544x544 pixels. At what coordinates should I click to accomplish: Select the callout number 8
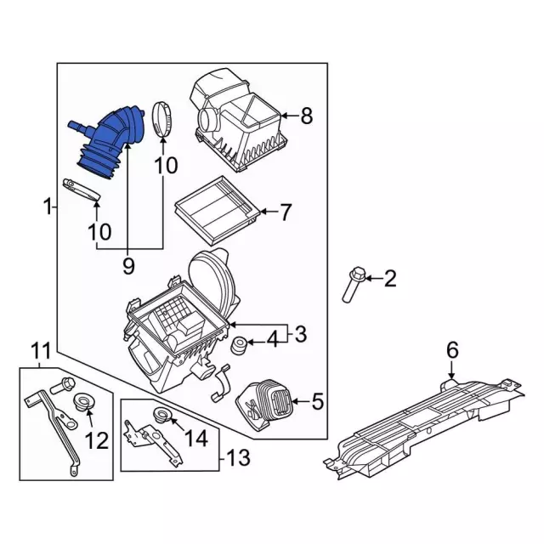pos(307,115)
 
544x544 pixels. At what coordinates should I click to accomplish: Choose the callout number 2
pos(390,278)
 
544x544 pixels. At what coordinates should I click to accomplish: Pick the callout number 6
pos(451,348)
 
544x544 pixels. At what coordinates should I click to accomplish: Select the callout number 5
pos(318,399)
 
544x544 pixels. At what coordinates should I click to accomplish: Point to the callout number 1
pos(48,206)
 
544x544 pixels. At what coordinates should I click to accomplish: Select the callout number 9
pos(128,267)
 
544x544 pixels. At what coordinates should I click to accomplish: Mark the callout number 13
pos(238,459)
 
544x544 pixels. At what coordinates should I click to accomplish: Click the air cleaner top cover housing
pos(236,119)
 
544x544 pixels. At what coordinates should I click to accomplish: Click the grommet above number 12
pos(86,402)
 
